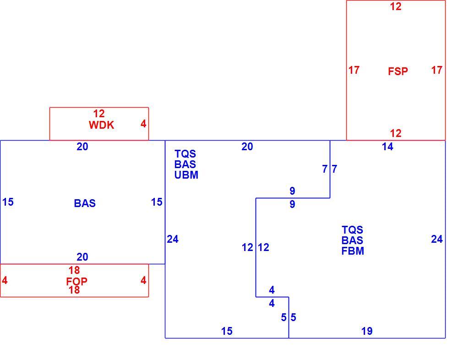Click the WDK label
tap(101, 125)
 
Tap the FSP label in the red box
tap(398, 71)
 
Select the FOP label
tap(76, 281)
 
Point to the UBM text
tap(186, 175)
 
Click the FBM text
tap(353, 251)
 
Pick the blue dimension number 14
tap(387, 147)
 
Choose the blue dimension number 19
tap(367, 331)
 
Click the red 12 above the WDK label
tap(99, 114)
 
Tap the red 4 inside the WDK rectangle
tap(143, 124)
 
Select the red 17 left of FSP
tap(354, 70)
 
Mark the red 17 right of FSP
tap(436, 70)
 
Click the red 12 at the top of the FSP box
tap(396, 6)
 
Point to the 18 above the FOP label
tap(74, 270)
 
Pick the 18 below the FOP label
tap(74, 290)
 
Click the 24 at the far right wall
tap(437, 240)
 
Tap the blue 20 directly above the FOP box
tap(82, 257)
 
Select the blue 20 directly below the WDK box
tap(82, 147)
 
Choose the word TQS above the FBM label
tap(352, 229)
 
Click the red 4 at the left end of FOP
tap(5, 280)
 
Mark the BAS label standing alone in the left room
tap(85, 203)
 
